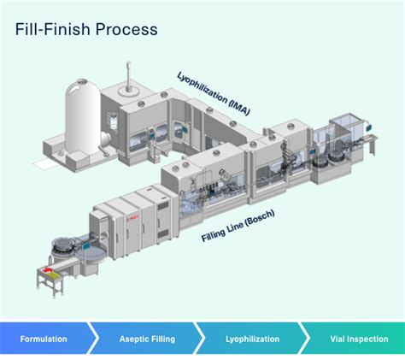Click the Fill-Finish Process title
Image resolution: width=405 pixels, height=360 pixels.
[86, 29]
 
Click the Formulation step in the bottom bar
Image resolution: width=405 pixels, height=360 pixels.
[44, 339]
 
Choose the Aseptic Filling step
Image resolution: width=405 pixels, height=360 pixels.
[146, 339]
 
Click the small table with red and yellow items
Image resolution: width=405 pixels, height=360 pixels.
[50, 275]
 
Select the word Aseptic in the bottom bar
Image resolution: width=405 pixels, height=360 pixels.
[132, 339]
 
